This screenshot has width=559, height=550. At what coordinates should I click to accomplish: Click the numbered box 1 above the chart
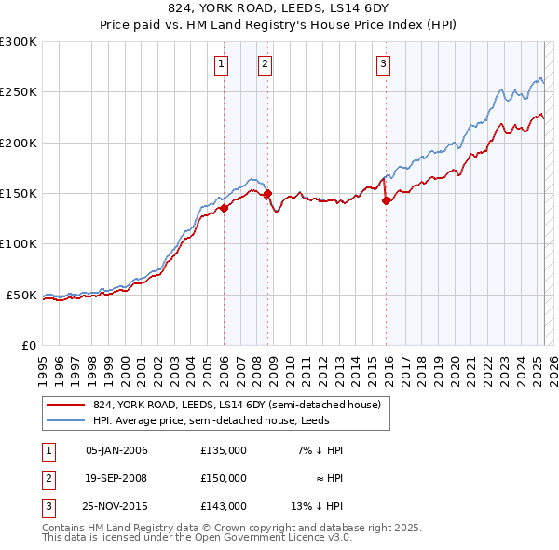221,64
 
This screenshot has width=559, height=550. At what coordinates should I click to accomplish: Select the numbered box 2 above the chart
266,64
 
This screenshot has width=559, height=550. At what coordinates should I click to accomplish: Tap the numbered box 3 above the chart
383,64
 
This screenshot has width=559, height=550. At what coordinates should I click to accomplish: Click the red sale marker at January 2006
224,209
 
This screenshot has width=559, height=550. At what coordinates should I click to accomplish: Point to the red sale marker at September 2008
268,194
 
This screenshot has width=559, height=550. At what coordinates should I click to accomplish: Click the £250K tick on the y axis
19,92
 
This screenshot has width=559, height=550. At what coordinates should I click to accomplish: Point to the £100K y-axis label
19,244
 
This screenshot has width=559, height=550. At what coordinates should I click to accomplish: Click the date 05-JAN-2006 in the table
116,450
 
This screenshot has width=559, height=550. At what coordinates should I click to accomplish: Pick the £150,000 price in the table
224,478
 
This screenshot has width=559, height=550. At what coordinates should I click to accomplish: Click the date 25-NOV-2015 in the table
116,506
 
